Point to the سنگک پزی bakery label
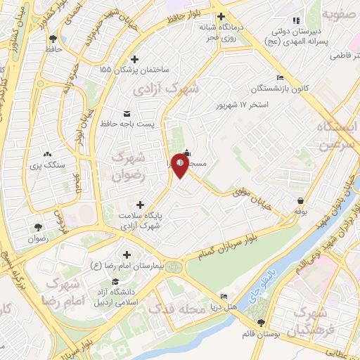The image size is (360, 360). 47,166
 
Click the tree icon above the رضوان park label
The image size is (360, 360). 37,226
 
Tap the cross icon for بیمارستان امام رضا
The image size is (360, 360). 127,255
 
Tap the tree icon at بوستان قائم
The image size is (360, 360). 261,323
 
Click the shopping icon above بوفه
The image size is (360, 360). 301,200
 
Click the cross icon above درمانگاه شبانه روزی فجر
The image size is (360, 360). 221,17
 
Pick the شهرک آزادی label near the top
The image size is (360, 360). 176,89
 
